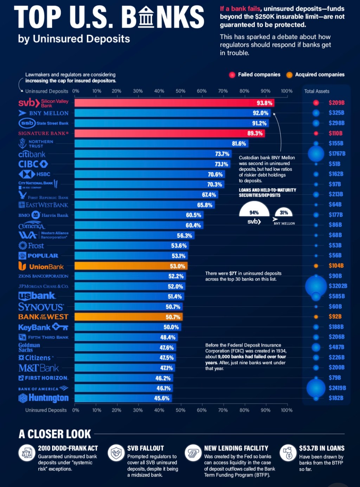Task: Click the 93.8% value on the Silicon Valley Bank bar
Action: tap(264, 103)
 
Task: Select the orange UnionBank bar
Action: tap(131, 266)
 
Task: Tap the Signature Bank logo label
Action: tap(43, 133)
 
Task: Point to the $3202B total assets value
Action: tap(337, 286)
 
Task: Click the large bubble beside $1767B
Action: tap(316, 154)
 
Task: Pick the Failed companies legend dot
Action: tap(232, 75)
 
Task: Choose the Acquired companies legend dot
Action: tap(289, 75)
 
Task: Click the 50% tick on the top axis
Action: tap(180, 91)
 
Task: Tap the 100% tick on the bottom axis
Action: tap(287, 410)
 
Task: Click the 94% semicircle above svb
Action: tap(254, 210)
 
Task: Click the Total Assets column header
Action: tap(316, 91)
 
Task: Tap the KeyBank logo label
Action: tap(43, 327)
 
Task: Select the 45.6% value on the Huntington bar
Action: tap(162, 398)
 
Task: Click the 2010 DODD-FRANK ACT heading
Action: tap(68, 448)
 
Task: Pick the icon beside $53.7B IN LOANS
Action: tap(288, 453)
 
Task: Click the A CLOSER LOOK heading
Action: tap(55, 434)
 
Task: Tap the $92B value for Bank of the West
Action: tap(335, 317)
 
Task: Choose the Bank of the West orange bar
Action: tap(128, 317)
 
